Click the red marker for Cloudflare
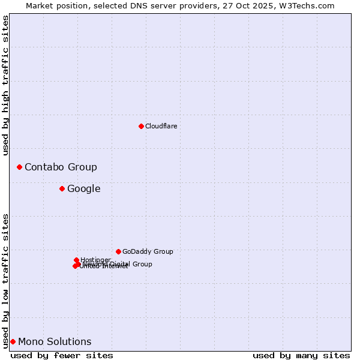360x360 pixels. [x=141, y=126]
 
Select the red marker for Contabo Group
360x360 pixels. [x=19, y=167]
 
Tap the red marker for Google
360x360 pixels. [x=62, y=188]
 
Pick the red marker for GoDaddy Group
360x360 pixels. [x=118, y=251]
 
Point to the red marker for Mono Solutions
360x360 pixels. [x=13, y=341]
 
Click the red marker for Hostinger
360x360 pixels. [x=76, y=260]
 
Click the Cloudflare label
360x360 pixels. [x=161, y=126]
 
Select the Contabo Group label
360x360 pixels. [x=61, y=167]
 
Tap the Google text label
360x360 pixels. [x=83, y=188]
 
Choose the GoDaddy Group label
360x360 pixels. [x=148, y=251]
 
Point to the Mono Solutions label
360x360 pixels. [x=55, y=341]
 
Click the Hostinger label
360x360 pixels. [x=96, y=259]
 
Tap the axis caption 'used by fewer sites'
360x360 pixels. [x=62, y=355]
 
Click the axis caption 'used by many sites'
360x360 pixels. [x=301, y=355]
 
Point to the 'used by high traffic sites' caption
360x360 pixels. [x=5, y=85]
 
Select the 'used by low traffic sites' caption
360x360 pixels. [x=5, y=280]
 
